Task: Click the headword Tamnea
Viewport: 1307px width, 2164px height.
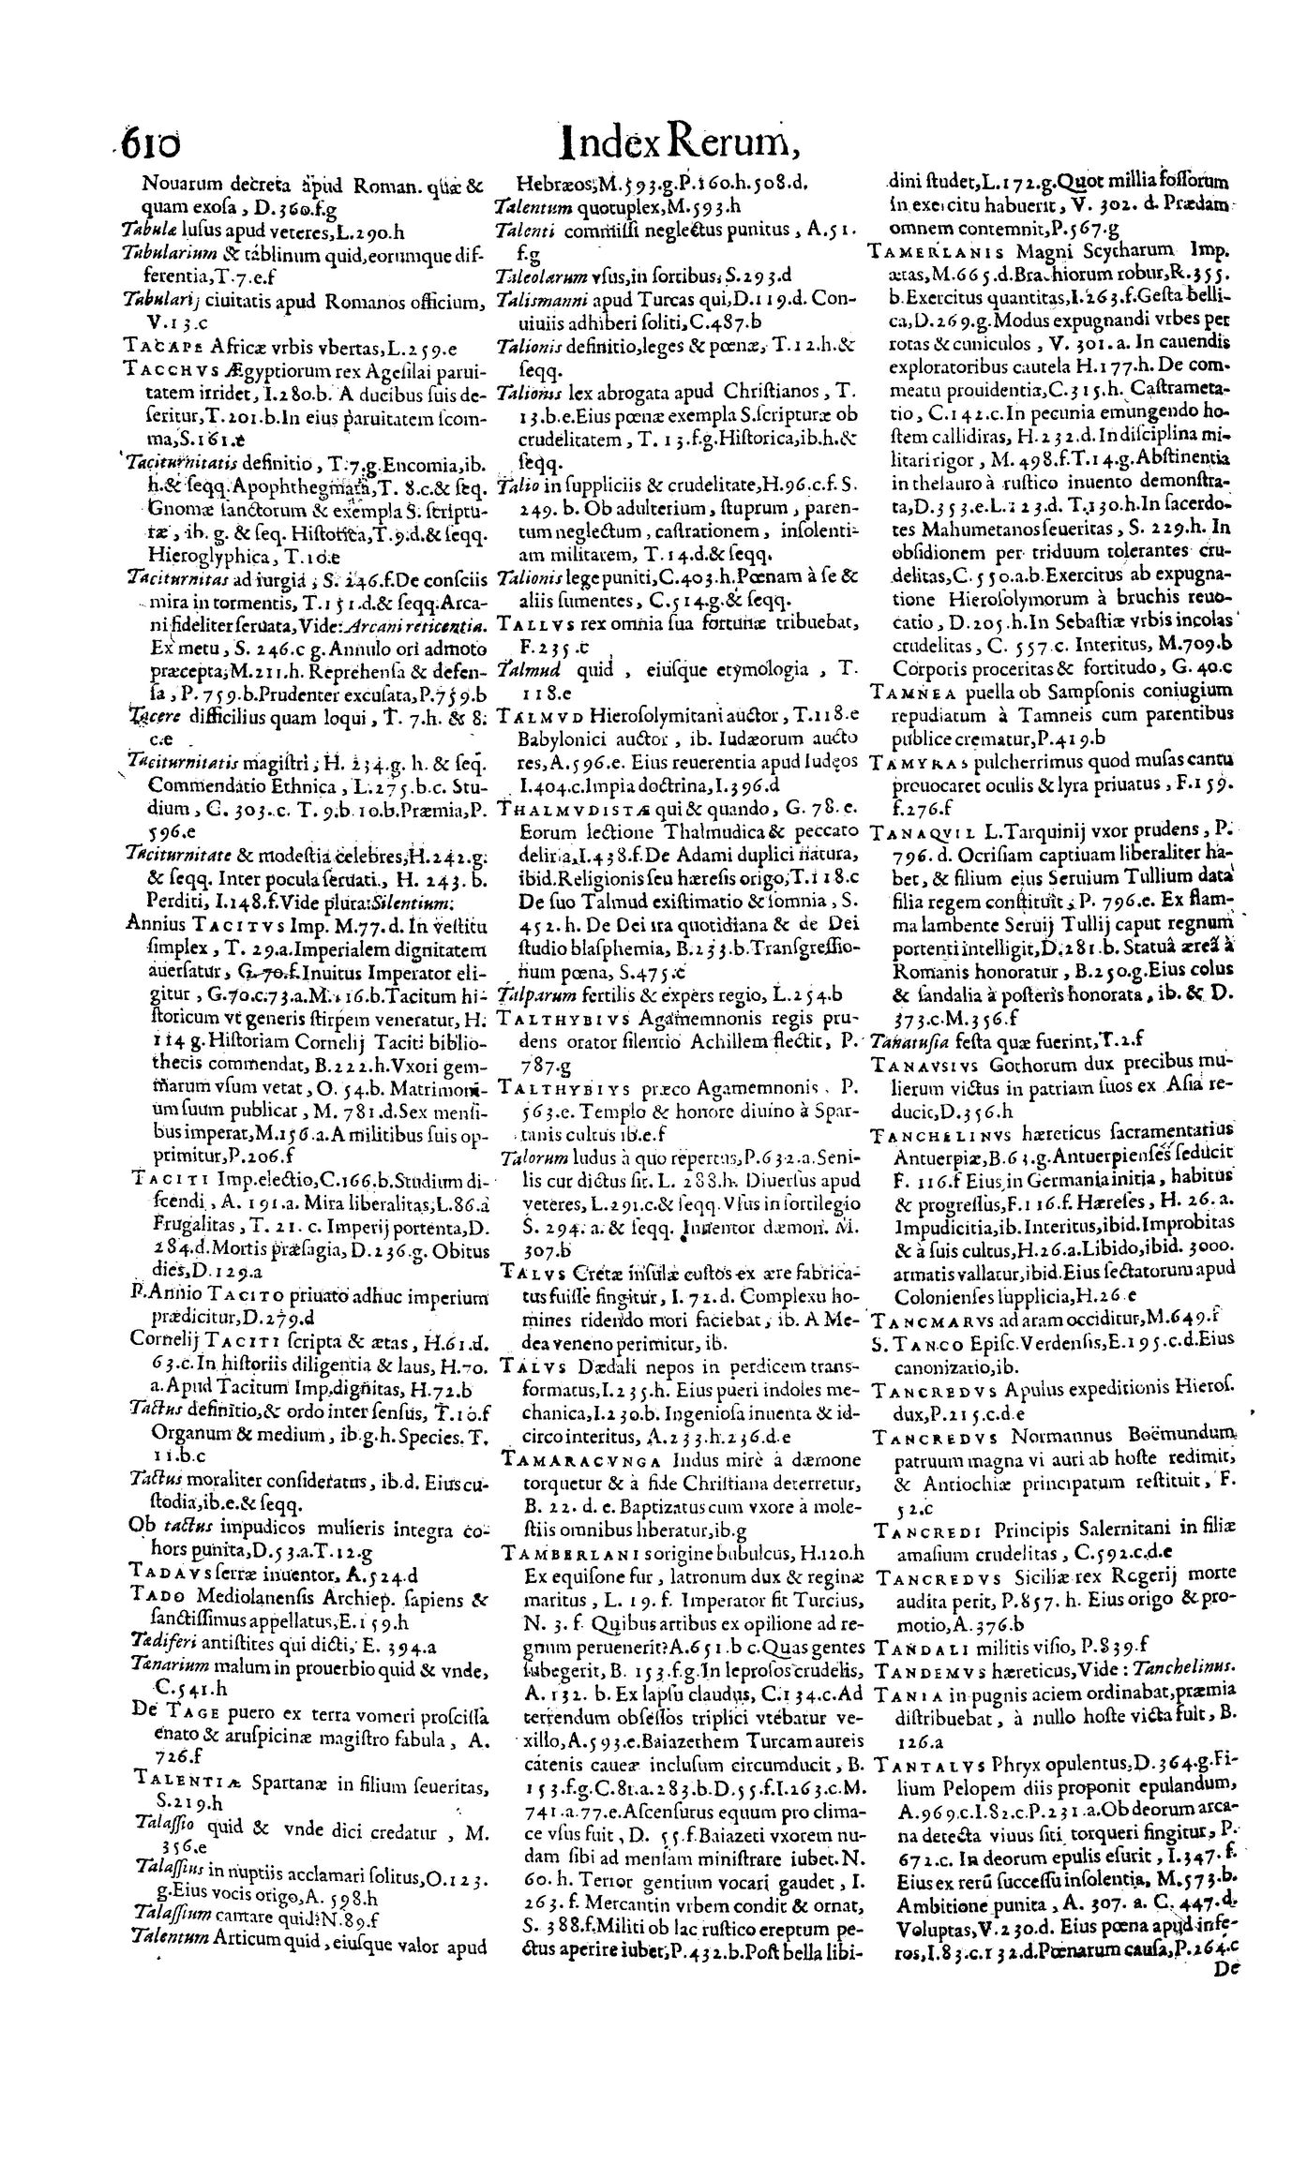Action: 903,693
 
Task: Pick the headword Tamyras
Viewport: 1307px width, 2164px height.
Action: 906,762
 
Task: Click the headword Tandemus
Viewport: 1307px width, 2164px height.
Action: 922,1667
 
